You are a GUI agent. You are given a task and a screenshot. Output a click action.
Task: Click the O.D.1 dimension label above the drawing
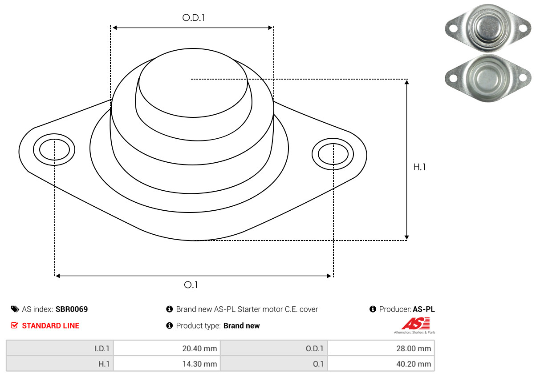point(193,18)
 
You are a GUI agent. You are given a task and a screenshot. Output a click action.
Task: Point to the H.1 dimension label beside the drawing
point(419,167)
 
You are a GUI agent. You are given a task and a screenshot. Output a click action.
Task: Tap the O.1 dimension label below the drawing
point(191,285)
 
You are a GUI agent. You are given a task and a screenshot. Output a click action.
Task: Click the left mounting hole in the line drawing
point(54,149)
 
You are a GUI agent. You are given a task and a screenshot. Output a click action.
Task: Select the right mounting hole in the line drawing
point(333,154)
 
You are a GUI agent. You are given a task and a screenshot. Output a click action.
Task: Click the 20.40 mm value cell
point(167,349)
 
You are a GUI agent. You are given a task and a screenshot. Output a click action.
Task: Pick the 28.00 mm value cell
point(381,349)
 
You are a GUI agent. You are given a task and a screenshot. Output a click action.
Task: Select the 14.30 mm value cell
point(167,364)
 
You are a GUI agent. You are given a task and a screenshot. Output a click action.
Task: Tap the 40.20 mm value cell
point(381,364)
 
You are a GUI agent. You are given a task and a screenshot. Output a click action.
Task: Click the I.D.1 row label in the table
point(102,349)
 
